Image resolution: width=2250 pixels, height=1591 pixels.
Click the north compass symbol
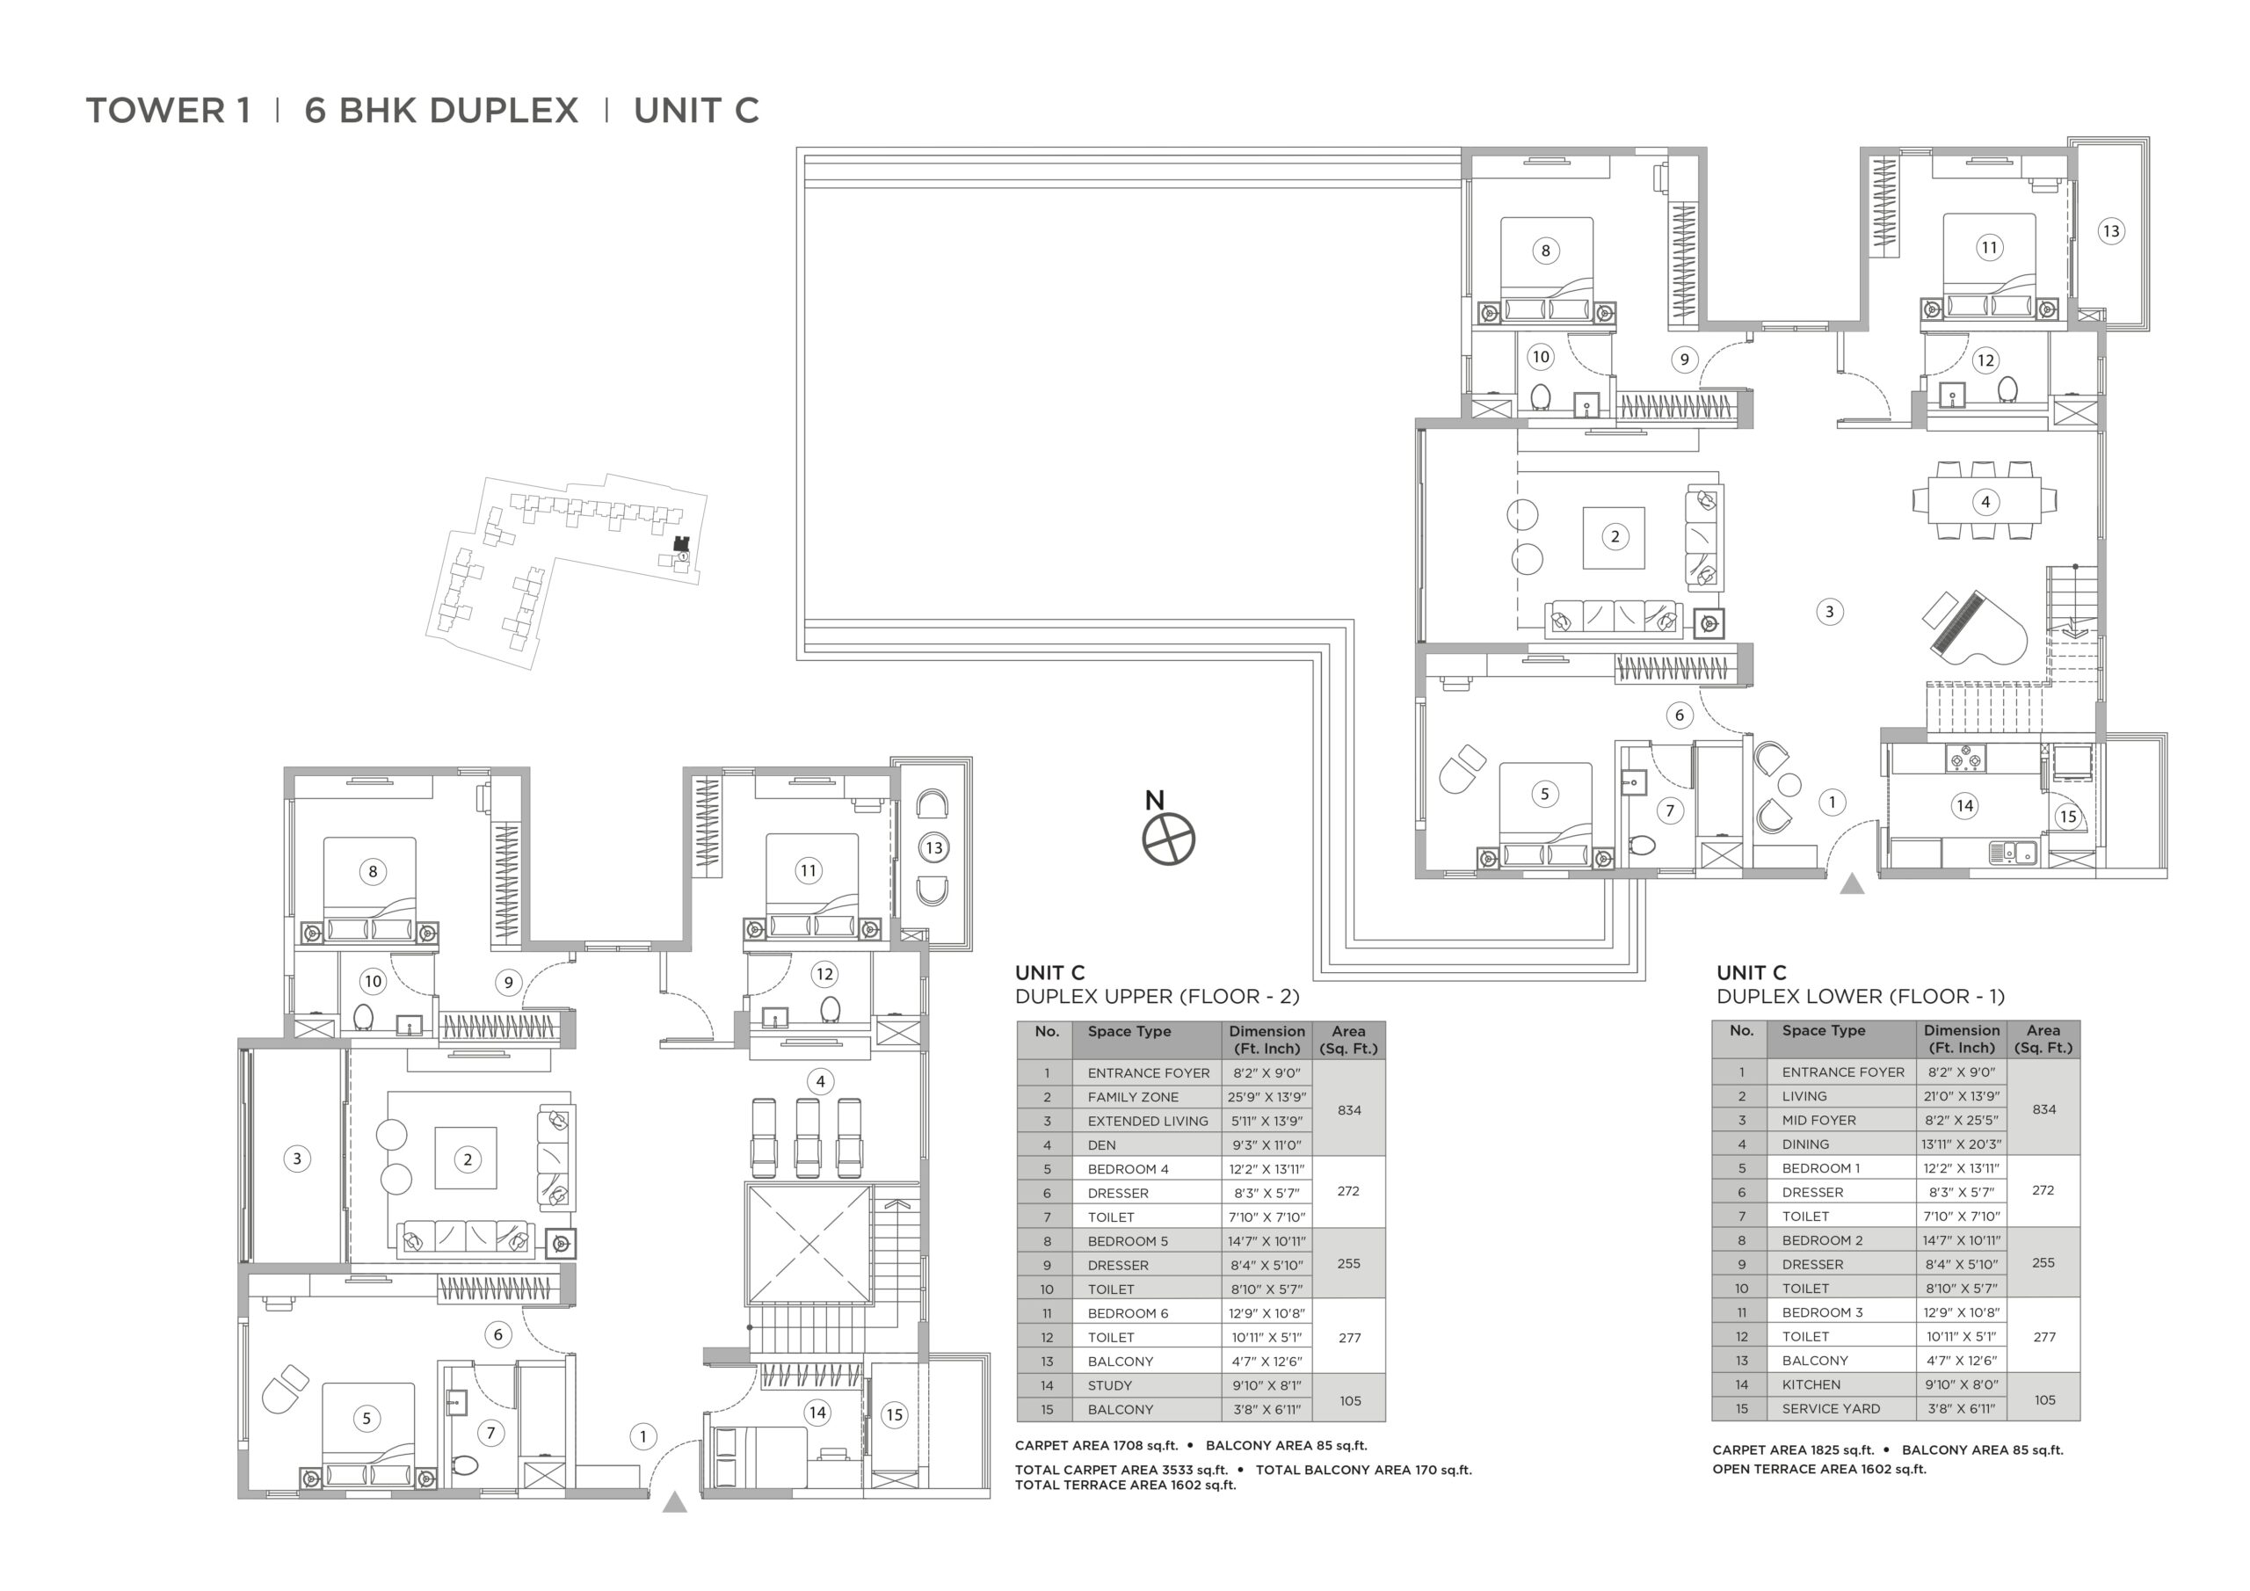tap(1169, 839)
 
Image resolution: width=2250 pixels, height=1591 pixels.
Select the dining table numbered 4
tap(1985, 501)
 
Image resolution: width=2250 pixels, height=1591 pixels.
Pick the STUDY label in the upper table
tap(1109, 1385)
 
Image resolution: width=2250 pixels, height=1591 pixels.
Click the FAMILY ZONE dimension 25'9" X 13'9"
tap(1267, 1097)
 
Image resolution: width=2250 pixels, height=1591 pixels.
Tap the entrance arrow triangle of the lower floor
tap(1851, 884)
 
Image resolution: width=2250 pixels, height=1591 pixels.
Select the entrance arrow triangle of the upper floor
tap(674, 1502)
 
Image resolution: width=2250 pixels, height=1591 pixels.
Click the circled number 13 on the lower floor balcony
tap(2110, 231)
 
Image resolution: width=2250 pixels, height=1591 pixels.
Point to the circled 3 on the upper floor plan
tap(298, 1159)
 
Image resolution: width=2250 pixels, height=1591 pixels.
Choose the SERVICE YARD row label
tap(1831, 1409)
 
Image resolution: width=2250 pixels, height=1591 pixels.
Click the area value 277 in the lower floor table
tap(2044, 1336)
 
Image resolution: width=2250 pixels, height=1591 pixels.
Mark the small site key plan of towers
tap(566, 571)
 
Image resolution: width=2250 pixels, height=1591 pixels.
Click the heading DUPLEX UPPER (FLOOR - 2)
tap(1158, 997)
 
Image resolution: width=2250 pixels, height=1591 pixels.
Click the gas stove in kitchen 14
tap(1965, 759)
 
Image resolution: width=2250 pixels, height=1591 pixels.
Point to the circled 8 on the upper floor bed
tap(373, 871)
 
